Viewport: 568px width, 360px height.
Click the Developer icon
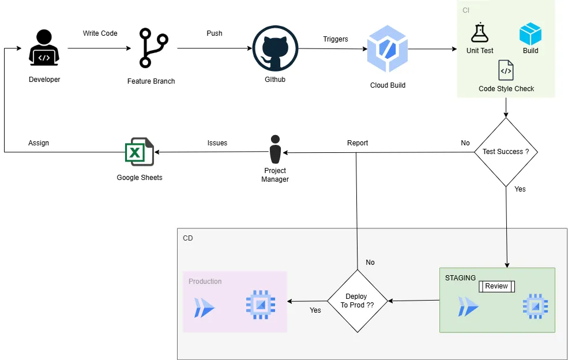[x=44, y=48]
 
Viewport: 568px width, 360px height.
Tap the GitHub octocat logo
[x=275, y=48]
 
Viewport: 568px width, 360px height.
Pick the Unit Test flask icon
[x=479, y=33]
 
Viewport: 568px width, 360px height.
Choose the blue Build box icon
[x=531, y=34]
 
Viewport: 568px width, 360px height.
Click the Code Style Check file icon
[x=506, y=70]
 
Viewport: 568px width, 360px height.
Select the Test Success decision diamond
[x=506, y=152]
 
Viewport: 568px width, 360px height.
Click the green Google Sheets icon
[x=140, y=152]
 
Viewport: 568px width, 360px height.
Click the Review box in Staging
[x=496, y=286]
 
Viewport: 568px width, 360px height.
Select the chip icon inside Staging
[x=536, y=306]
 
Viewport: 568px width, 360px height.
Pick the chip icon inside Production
[x=261, y=304]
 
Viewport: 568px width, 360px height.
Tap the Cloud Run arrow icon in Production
[x=204, y=308]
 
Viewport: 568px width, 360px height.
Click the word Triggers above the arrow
[x=336, y=39]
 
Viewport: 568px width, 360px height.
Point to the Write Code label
[x=100, y=33]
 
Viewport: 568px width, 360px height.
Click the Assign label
[x=39, y=143]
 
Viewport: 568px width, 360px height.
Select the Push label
[x=215, y=33]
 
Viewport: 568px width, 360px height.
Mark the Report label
[x=358, y=143]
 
